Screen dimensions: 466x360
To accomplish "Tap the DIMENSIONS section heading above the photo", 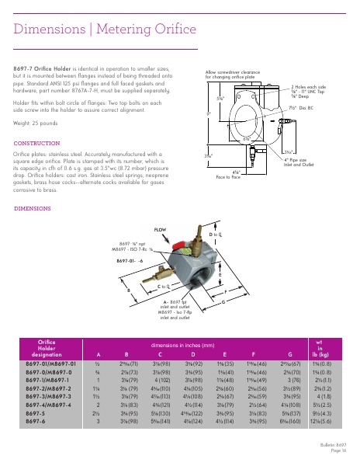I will point(33,209).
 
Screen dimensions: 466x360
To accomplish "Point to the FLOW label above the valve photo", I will point(160,231).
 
